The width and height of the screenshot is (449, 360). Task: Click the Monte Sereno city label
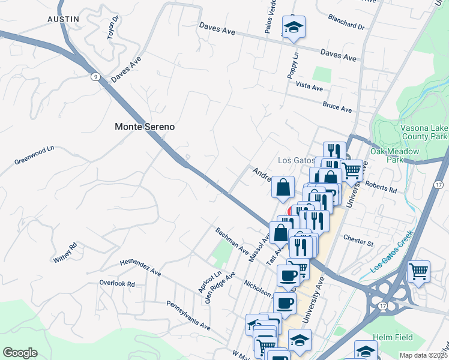(x=145, y=127)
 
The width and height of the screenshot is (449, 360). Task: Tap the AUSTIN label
(x=63, y=19)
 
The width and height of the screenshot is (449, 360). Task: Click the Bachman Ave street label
(x=232, y=239)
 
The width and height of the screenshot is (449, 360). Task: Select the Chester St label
(x=358, y=241)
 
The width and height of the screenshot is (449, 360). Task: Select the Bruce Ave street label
(x=337, y=107)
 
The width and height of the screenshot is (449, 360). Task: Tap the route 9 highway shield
(x=96, y=76)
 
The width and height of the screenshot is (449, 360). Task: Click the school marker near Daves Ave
(x=294, y=27)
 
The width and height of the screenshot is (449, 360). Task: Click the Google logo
(x=20, y=353)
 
